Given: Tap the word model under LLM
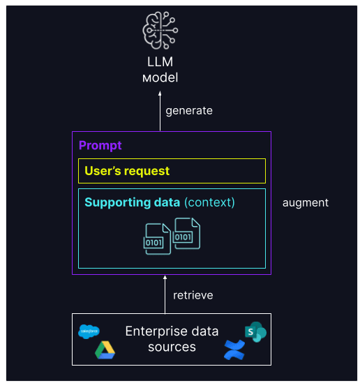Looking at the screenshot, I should pos(160,77).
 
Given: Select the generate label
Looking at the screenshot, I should pos(189,110).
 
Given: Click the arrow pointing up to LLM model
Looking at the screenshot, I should pos(160,112).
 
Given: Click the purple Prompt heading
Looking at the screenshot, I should pos(100,145).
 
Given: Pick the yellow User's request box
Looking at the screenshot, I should pos(172,170).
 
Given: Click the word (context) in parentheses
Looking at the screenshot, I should pos(209,202).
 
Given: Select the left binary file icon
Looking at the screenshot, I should pos(156,239).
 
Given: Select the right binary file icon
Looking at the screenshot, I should pos(186,234).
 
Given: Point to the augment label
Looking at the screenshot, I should pos(305,202).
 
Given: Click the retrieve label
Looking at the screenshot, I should pos(193,295).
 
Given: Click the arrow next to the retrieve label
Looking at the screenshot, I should pos(164,294).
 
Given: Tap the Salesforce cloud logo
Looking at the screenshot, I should pos(89,331).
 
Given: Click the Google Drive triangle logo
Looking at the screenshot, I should pos(105,350).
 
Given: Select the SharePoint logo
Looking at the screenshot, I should pos(255,332).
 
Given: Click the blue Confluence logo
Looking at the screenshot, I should pos(234,350).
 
